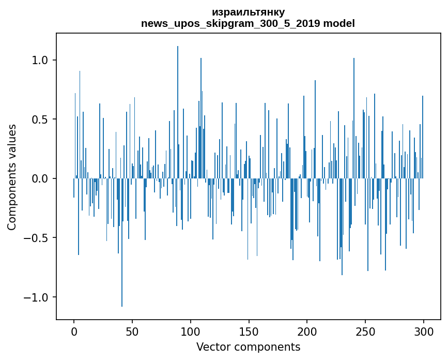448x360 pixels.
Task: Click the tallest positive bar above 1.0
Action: [x=178, y=112]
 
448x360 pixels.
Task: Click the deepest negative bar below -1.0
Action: [x=122, y=243]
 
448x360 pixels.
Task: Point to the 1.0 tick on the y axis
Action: [x=55, y=60]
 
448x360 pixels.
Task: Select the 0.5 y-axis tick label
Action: [x=40, y=119]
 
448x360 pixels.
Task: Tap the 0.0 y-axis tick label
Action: [x=40, y=179]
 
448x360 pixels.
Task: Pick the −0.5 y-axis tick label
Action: [x=36, y=238]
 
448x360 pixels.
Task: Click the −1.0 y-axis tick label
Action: [x=36, y=297]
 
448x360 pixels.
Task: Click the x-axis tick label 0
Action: [x=74, y=332]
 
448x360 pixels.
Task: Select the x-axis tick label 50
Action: [x=132, y=332]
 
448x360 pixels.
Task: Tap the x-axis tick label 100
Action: [x=190, y=332]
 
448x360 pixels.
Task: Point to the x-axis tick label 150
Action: [x=249, y=332]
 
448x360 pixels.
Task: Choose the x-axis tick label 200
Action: [x=307, y=332]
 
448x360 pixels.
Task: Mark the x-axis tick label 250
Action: [x=365, y=332]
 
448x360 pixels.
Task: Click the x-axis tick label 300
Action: [x=423, y=332]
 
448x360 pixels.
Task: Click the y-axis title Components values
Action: [x=12, y=177]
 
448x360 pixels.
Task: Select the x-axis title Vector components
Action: [x=248, y=347]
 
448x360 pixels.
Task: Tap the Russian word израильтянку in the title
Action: [x=248, y=12]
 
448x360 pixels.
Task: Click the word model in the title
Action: [x=339, y=23]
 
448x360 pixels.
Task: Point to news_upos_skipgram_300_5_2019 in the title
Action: [x=230, y=24]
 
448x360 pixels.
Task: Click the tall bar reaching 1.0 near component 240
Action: [x=354, y=118]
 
